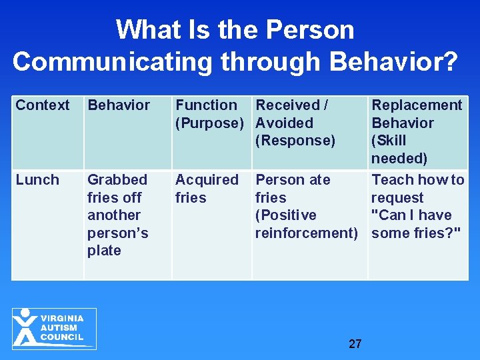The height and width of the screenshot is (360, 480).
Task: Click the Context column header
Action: [x=43, y=105]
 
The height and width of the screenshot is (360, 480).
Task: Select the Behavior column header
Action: [x=119, y=105]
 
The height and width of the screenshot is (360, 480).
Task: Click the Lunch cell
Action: [x=37, y=180]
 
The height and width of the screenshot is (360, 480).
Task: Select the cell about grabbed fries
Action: [x=118, y=215]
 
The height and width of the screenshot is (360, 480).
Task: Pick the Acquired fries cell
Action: [x=206, y=189]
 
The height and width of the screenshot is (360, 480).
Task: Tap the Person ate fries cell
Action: [x=306, y=206]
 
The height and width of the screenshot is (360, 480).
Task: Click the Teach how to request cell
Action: [x=417, y=206]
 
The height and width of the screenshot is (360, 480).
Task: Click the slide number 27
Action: [x=355, y=344]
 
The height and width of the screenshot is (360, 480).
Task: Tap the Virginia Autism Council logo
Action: [x=54, y=328]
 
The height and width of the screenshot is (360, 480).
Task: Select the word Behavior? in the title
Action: [x=393, y=61]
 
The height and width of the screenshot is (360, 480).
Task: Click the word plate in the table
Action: [x=104, y=251]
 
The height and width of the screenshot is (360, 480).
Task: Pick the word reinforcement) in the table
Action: [x=306, y=233]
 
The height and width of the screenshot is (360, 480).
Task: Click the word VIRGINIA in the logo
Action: [x=62, y=319]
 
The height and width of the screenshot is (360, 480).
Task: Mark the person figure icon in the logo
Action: [x=26, y=327]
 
